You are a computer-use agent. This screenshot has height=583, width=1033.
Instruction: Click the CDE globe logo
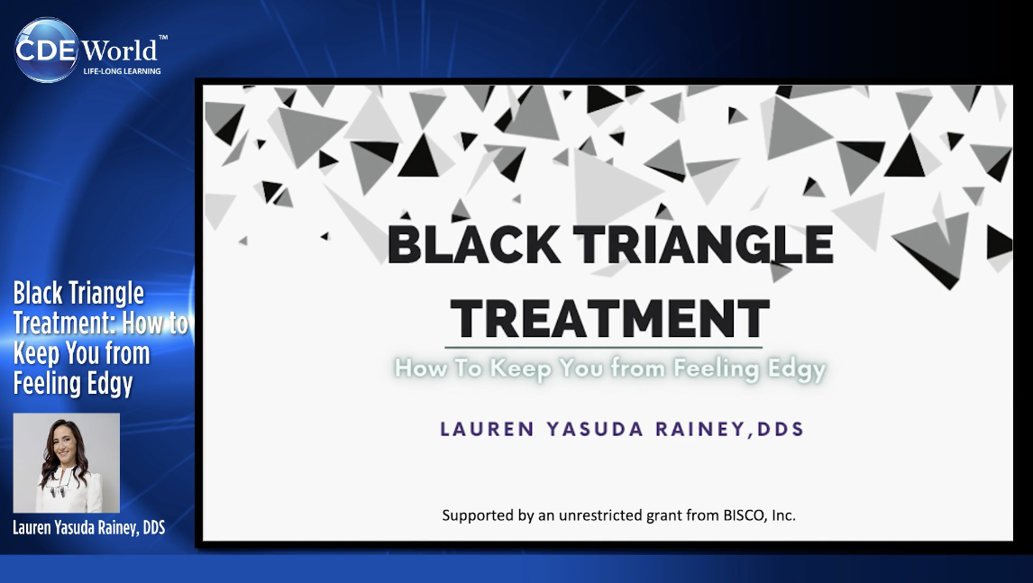click(47, 50)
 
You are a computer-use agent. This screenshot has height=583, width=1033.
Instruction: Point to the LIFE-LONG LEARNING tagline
click(122, 71)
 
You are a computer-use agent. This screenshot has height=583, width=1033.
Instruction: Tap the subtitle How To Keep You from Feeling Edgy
click(610, 369)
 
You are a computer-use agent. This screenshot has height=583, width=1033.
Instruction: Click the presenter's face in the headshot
click(66, 443)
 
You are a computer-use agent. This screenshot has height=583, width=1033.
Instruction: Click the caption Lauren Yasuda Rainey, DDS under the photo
click(89, 528)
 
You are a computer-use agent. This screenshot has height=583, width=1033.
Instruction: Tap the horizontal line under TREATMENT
click(604, 347)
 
